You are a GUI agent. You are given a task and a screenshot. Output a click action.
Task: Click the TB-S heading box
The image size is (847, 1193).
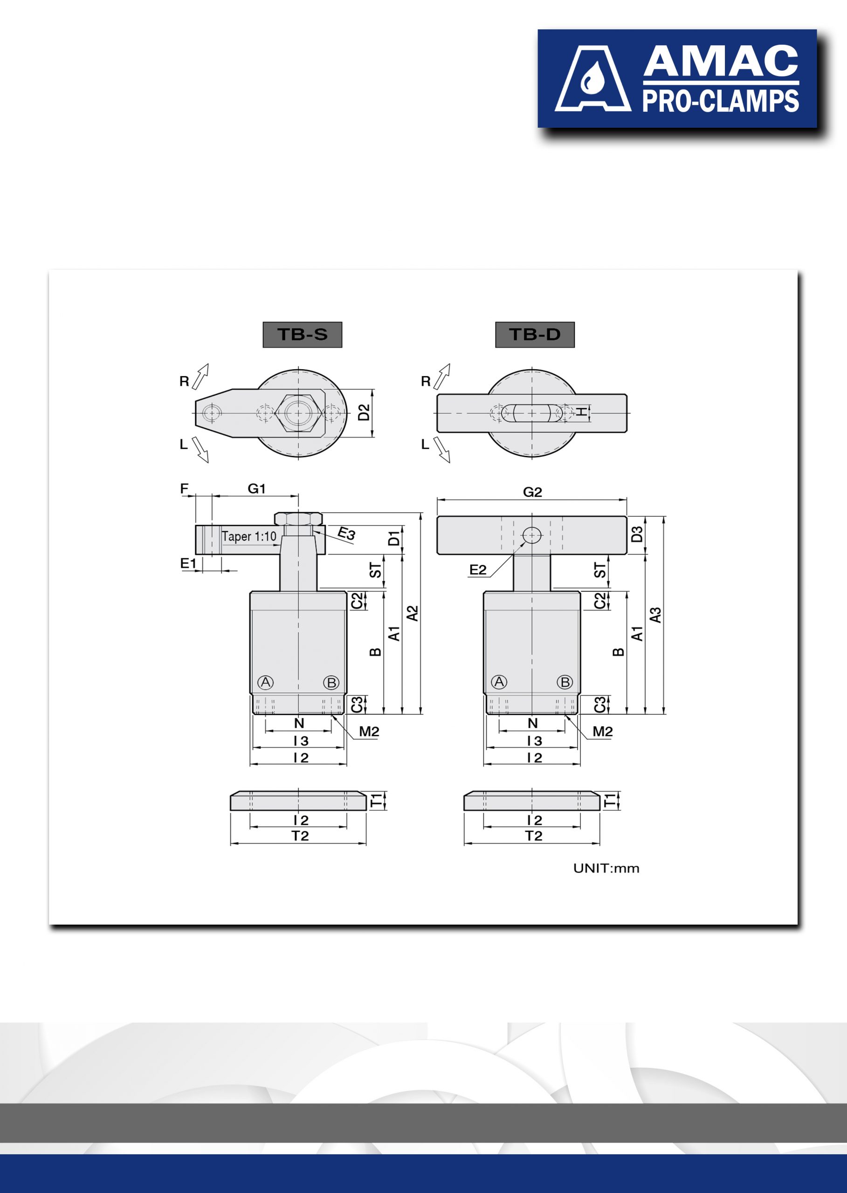(303, 334)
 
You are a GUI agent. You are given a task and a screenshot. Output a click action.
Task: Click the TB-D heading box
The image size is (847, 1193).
(535, 334)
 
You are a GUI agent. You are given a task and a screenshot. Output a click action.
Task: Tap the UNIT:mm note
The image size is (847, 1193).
(606, 868)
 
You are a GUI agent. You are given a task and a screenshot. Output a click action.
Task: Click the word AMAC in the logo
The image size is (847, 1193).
(721, 61)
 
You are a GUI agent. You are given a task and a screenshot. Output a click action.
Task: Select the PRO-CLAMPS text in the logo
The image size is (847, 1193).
(721, 101)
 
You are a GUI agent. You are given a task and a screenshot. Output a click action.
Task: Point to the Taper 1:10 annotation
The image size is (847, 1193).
(249, 536)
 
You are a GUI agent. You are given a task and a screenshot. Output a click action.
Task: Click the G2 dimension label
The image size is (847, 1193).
(532, 492)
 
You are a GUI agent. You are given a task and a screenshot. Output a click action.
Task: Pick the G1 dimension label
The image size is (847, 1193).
(256, 488)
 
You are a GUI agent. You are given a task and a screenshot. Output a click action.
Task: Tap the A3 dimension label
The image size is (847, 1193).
(655, 615)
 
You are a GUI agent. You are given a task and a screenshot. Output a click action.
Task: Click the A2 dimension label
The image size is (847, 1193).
(413, 613)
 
